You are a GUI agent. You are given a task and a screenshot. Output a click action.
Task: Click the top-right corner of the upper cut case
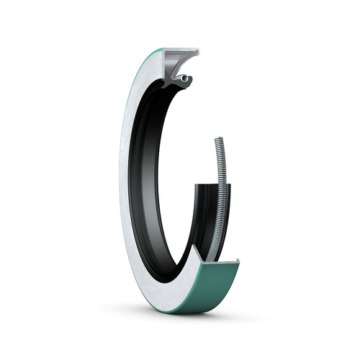tap(198, 50)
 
